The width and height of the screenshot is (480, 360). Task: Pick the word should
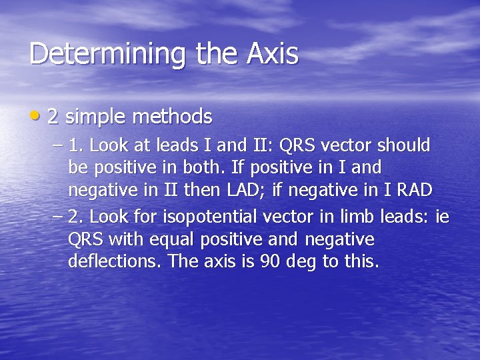point(405,145)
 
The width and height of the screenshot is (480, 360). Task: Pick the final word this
point(361,261)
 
